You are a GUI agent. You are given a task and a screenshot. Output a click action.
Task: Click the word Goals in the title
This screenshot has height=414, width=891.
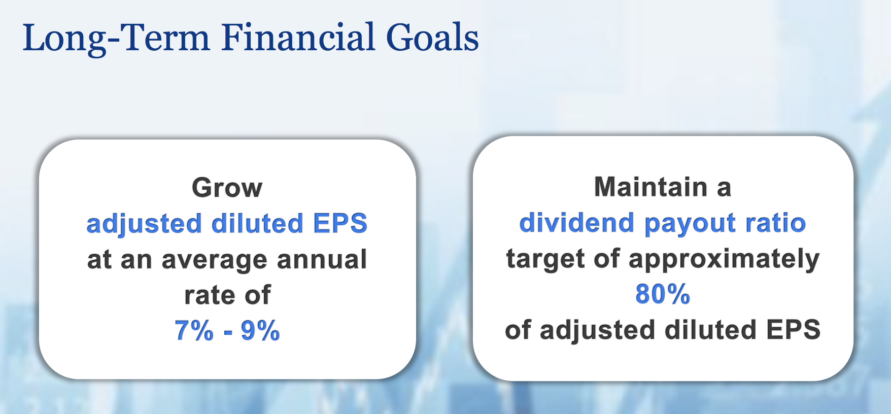pyautogui.click(x=432, y=38)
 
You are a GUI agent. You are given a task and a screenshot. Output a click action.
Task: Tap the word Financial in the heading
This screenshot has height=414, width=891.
pyautogui.click(x=298, y=38)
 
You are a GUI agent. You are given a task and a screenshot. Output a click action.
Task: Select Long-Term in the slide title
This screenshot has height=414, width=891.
pyautogui.click(x=116, y=39)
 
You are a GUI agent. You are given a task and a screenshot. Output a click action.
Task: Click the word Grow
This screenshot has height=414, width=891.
pyautogui.click(x=227, y=188)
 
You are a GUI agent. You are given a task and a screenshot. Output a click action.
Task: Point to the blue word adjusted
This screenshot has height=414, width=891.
pyautogui.click(x=145, y=224)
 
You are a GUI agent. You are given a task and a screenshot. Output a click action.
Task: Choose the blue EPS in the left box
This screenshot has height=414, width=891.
pyautogui.click(x=340, y=223)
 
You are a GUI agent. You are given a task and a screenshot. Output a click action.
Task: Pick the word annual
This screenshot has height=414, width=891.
pyautogui.click(x=322, y=259)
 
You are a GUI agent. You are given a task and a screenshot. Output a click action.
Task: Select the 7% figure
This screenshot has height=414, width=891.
pyautogui.click(x=194, y=331)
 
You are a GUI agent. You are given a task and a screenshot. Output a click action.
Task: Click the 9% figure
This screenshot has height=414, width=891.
pyautogui.click(x=260, y=331)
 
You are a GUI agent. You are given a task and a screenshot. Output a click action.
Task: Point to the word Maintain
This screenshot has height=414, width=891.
pyautogui.click(x=651, y=187)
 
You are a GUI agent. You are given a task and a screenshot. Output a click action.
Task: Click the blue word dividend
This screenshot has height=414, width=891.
pyautogui.click(x=577, y=223)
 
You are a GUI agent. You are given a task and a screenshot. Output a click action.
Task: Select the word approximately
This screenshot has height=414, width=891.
pyautogui.click(x=724, y=259)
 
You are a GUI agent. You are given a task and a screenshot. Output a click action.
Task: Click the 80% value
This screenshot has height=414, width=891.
pyautogui.click(x=663, y=294)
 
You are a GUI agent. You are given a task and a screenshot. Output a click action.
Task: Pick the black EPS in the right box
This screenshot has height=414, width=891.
pyautogui.click(x=794, y=330)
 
